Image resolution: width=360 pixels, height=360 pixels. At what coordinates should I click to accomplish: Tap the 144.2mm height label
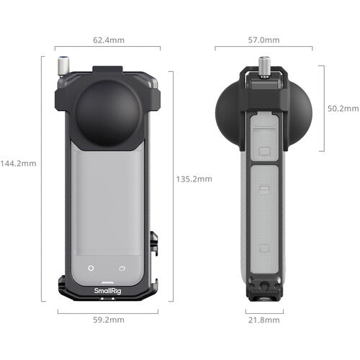(18, 163)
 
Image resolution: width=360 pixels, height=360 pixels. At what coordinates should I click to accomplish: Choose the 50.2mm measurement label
(341, 108)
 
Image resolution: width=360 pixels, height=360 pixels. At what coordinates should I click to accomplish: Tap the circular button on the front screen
(91, 269)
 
